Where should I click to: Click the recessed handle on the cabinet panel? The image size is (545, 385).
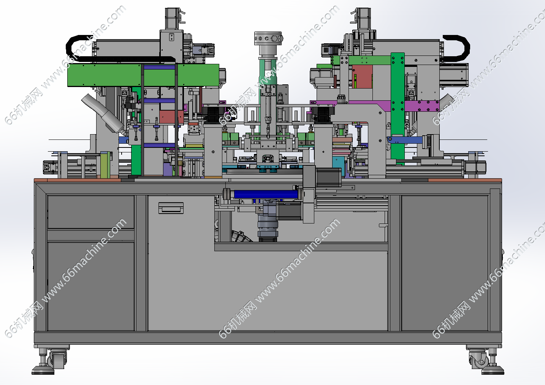(x=171, y=208)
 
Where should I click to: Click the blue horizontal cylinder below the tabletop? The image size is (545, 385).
(x=266, y=194)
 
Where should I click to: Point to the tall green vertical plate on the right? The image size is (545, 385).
(x=398, y=107)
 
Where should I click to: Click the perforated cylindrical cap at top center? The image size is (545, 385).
(x=268, y=38)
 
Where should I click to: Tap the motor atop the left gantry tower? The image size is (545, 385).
(x=173, y=19)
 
